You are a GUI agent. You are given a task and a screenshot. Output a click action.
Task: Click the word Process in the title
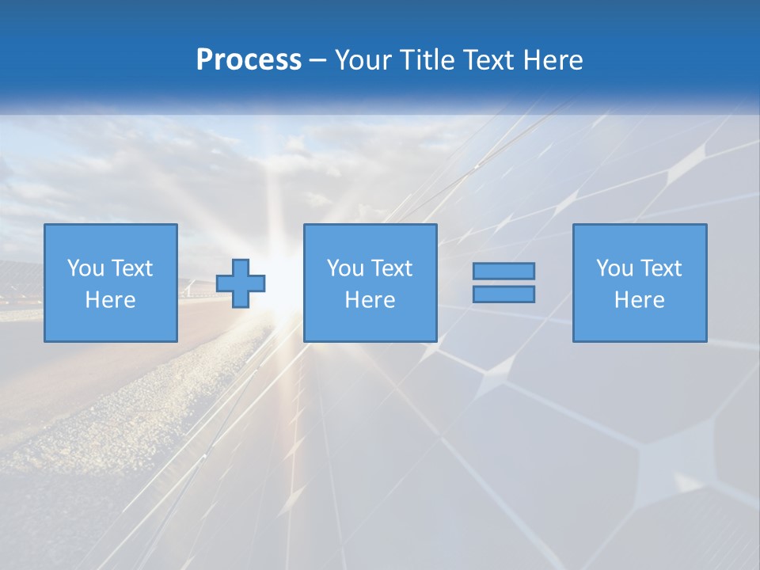(249, 60)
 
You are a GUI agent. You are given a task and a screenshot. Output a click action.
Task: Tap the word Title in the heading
(426, 60)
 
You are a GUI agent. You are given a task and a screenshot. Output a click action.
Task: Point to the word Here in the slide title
(553, 60)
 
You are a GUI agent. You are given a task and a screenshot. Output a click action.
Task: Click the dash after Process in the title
(318, 61)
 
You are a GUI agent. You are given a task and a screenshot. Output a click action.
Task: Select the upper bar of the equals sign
(503, 271)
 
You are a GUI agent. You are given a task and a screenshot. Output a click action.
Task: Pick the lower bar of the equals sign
(503, 294)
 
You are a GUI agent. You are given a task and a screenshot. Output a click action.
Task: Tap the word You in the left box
(85, 268)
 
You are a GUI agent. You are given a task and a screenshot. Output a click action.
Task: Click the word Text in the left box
(131, 268)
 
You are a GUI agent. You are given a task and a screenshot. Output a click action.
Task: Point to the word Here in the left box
(110, 300)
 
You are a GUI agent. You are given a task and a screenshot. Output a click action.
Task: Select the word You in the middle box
(345, 268)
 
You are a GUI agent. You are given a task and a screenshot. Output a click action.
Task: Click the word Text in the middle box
(390, 268)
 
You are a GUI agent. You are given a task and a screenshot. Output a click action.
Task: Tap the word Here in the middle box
(370, 300)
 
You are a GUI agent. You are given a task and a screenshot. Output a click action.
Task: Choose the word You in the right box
(614, 268)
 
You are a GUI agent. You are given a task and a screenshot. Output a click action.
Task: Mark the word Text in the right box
(659, 268)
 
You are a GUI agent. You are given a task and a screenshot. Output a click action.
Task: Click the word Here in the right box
(639, 300)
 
